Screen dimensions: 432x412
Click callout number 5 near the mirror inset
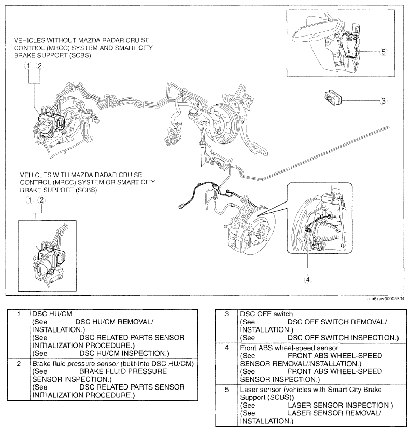coord(383,52)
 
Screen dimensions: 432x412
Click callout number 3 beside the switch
coord(383,101)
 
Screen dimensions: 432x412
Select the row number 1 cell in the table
coord(19,314)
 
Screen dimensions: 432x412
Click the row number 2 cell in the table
coord(19,364)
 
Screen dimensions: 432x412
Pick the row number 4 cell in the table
coord(226,348)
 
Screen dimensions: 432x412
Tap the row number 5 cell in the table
coord(226,389)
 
